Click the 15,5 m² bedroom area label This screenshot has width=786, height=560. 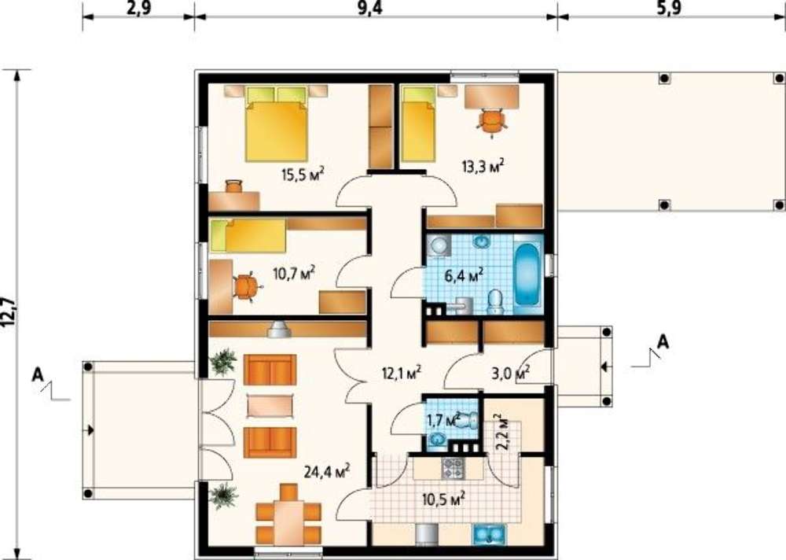(x=303, y=175)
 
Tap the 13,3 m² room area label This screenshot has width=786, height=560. (x=483, y=166)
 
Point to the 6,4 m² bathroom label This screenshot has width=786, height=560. (x=465, y=275)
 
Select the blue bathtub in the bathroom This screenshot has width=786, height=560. (x=528, y=274)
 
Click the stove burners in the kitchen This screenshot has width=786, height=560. (x=452, y=468)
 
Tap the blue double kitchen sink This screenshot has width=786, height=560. (x=487, y=534)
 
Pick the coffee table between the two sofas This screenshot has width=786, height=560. (x=270, y=406)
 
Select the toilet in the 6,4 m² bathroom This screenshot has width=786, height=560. (x=495, y=301)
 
